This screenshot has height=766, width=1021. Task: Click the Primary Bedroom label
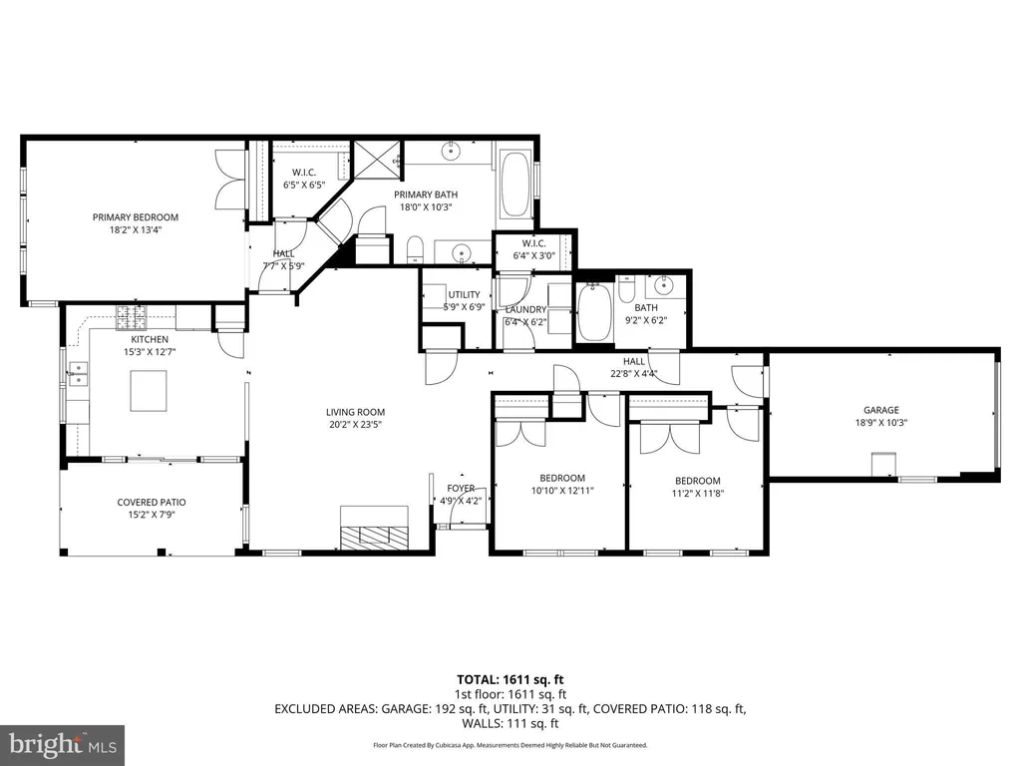pos(136,217)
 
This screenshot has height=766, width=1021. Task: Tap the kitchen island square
pos(149,390)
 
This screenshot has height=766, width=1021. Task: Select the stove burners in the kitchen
pos(132,317)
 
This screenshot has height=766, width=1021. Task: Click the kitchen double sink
pos(78,373)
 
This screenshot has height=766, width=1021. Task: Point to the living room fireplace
pos(375,529)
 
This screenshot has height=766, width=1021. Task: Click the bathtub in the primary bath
pos(516,185)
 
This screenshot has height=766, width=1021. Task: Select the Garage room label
pos(881,410)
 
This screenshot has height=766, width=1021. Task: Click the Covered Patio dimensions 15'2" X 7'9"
pos(152,515)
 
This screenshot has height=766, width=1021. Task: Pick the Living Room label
pos(356,412)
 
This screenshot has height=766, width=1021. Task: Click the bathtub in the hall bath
pos(594,312)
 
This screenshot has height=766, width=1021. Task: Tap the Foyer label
pos(461,489)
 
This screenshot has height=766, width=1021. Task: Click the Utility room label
pos(464,295)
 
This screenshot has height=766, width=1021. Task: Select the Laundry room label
pos(526,310)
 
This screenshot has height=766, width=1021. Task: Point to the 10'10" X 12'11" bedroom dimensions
pos(562,491)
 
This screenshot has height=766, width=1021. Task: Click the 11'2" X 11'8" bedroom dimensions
pos(698,494)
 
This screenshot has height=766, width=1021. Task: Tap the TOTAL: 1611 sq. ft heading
pos(510,680)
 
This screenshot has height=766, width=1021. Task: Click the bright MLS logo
pos(63,744)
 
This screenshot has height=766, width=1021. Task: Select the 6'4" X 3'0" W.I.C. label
pos(534,256)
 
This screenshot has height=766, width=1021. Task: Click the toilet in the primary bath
pos(415,250)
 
